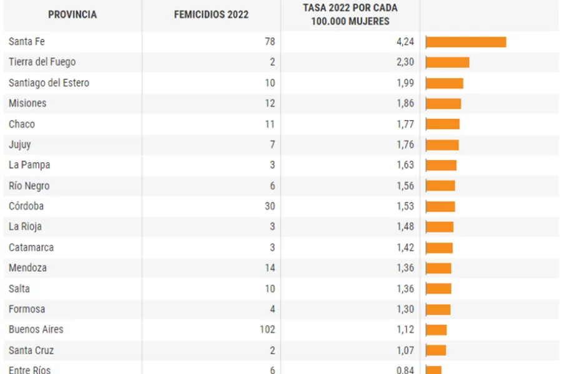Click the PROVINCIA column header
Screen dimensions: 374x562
(x=72, y=14)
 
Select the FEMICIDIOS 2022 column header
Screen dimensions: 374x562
(x=211, y=14)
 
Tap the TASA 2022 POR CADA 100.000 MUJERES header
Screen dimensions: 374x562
(x=350, y=14)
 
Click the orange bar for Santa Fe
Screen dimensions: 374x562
(x=466, y=42)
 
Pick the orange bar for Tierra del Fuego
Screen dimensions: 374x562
(x=447, y=62)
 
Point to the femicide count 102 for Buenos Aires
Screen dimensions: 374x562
(x=267, y=329)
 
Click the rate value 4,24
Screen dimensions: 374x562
(x=405, y=42)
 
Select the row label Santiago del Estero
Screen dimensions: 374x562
(x=49, y=83)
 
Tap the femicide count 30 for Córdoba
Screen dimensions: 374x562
(x=269, y=206)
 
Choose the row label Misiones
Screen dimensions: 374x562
(x=27, y=103)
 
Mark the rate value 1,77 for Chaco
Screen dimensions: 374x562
(x=405, y=124)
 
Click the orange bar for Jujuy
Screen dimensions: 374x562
(x=442, y=145)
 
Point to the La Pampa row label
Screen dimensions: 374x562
(x=29, y=165)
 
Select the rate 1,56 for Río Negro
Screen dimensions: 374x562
(x=405, y=186)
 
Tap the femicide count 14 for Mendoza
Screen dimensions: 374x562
(x=269, y=268)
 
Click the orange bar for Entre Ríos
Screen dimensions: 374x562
(x=433, y=370)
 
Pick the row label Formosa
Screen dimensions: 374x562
(x=27, y=309)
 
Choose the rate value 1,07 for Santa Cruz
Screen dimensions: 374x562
(x=405, y=350)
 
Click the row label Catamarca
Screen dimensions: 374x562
(x=31, y=247)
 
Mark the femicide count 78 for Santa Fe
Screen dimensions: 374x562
(x=269, y=42)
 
